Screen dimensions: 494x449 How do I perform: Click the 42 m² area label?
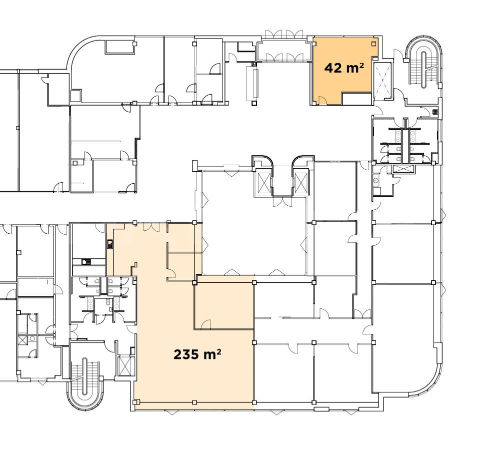point(344,68)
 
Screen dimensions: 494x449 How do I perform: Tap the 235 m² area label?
point(197,354)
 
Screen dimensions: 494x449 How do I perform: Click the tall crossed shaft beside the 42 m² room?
point(382,78)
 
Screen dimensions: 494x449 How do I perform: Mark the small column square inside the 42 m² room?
point(374,43)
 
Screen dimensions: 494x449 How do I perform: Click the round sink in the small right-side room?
point(375,180)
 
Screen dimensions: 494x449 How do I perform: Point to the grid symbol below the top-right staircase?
point(435,112)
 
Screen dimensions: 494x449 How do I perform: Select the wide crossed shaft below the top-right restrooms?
point(403,168)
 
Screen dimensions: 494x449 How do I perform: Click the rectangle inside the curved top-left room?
point(120,47)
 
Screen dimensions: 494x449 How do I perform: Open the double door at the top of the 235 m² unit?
point(152,227)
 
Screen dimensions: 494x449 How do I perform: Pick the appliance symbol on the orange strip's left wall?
point(110,244)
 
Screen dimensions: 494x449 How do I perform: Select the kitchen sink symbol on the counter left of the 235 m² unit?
point(86,262)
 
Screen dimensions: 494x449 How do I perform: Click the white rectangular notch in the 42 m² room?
point(356,99)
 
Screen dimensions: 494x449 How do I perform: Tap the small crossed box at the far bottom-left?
point(22,340)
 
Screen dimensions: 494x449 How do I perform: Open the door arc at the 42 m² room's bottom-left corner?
point(323,100)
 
